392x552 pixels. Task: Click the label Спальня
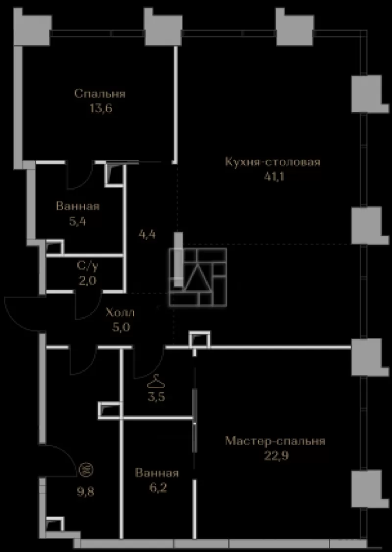coord(100,94)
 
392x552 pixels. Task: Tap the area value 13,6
coord(100,108)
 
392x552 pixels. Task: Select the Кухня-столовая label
coord(273,162)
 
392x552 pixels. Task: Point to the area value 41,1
coord(274,176)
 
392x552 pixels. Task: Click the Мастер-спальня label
coord(275,441)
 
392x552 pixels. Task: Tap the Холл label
coord(121,312)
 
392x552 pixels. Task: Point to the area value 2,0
coord(88,280)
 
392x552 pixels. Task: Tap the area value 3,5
coord(157,397)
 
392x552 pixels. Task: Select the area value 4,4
coord(148,233)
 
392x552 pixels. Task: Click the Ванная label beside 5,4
coord(78,206)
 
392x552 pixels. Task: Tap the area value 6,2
coord(157,488)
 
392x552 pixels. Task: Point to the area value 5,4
coord(78,221)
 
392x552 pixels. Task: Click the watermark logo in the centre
coord(198,277)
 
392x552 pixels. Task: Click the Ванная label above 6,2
coord(157,473)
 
